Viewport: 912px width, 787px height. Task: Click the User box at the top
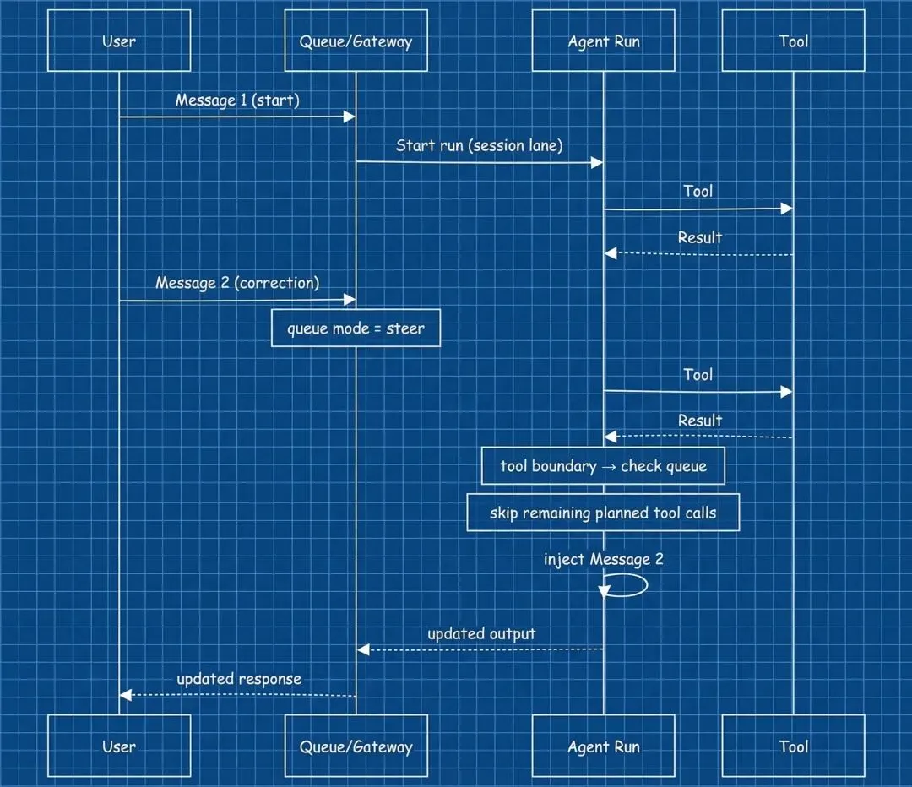point(119,41)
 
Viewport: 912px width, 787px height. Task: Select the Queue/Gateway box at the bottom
point(356,746)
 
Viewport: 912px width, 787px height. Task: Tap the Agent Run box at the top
point(603,41)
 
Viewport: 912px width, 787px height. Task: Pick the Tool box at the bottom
point(793,746)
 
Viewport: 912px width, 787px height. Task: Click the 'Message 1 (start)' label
point(237,100)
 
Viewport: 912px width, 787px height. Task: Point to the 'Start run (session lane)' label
point(479,146)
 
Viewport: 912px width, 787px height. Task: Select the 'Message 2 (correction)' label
point(237,283)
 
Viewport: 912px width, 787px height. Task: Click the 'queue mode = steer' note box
point(356,328)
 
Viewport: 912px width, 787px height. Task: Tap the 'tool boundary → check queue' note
point(603,466)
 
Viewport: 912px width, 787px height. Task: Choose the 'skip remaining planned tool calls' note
point(603,513)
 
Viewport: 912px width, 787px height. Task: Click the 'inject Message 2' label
point(597,560)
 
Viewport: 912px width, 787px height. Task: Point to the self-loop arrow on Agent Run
point(629,585)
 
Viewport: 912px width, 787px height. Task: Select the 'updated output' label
point(481,633)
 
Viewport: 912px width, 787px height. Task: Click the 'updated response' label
point(239,679)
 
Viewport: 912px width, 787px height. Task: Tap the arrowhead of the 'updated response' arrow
point(125,695)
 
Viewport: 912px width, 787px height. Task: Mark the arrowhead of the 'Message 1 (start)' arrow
point(350,117)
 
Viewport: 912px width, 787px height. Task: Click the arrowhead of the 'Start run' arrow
point(597,162)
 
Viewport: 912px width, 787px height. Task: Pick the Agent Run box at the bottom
point(603,746)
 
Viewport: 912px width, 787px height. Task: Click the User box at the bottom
point(119,746)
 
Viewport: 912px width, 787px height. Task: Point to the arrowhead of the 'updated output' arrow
point(362,649)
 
